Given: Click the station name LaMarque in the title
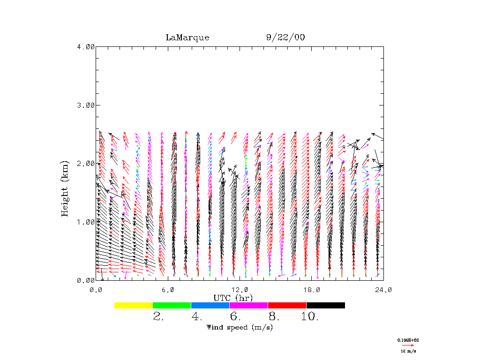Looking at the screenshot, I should coord(187,37).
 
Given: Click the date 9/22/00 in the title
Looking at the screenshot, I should coord(285,37).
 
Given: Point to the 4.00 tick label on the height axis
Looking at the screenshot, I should coord(85,46).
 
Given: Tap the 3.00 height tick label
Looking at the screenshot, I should coord(85,105).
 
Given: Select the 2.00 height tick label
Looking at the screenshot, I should coord(85,163).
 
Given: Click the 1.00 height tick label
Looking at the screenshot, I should coord(85,222).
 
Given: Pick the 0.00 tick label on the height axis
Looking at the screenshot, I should coord(85,280).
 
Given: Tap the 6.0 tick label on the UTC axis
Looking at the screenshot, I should coord(168,290).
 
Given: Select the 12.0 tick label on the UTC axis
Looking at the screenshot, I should coord(240,290).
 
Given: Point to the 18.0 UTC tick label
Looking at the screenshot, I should coord(312,290).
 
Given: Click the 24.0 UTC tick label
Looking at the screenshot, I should coord(383,290).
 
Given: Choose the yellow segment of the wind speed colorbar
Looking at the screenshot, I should coord(134,305).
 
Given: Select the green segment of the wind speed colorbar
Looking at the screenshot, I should coord(172,305).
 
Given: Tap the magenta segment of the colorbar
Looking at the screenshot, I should coord(248,305).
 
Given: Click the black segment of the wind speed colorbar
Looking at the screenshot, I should coord(325,305).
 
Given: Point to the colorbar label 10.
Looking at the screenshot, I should coord(309,317).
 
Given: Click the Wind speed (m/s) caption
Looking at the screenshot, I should coord(240,327).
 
